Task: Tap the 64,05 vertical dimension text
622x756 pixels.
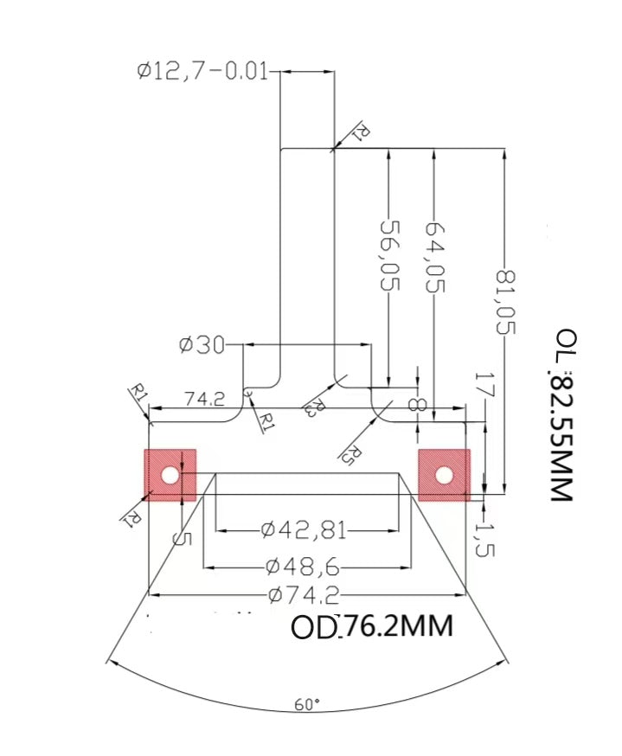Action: tap(434, 255)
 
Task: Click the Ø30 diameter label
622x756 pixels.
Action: tap(201, 345)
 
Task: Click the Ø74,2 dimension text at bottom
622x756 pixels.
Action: tap(302, 594)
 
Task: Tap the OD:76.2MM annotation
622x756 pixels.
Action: tap(371, 626)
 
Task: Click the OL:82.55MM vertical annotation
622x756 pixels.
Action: tap(563, 414)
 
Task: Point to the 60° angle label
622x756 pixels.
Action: tap(306, 704)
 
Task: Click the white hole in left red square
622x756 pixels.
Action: tap(170, 475)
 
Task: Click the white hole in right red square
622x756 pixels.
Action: tap(444, 475)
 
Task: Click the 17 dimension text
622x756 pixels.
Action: tap(483, 386)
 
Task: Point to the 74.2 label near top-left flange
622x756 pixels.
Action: tap(205, 399)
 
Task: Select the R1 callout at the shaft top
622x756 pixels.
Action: tap(362, 131)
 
